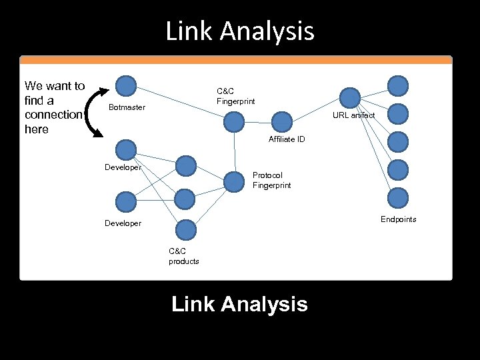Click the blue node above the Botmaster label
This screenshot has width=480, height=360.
click(126, 85)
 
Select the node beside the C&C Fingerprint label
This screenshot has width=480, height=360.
click(234, 121)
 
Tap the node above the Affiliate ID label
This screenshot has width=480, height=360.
click(283, 121)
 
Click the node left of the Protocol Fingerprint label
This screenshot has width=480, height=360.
click(234, 181)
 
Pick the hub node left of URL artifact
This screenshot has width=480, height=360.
click(350, 97)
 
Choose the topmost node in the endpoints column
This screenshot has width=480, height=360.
click(398, 85)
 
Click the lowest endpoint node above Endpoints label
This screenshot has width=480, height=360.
click(398, 198)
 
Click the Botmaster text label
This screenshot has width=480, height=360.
click(127, 107)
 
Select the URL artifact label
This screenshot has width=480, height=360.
click(353, 115)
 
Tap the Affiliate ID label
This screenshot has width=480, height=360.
click(287, 139)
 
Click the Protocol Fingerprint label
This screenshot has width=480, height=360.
click(271, 180)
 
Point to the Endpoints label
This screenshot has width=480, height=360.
click(398, 219)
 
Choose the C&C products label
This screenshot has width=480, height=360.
click(183, 256)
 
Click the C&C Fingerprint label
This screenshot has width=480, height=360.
click(235, 96)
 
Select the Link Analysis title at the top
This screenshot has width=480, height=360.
click(240, 31)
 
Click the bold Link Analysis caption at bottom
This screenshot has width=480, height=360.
click(239, 304)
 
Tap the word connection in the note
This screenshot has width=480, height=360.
click(53, 115)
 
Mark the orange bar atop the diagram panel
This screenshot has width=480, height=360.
click(236, 59)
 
